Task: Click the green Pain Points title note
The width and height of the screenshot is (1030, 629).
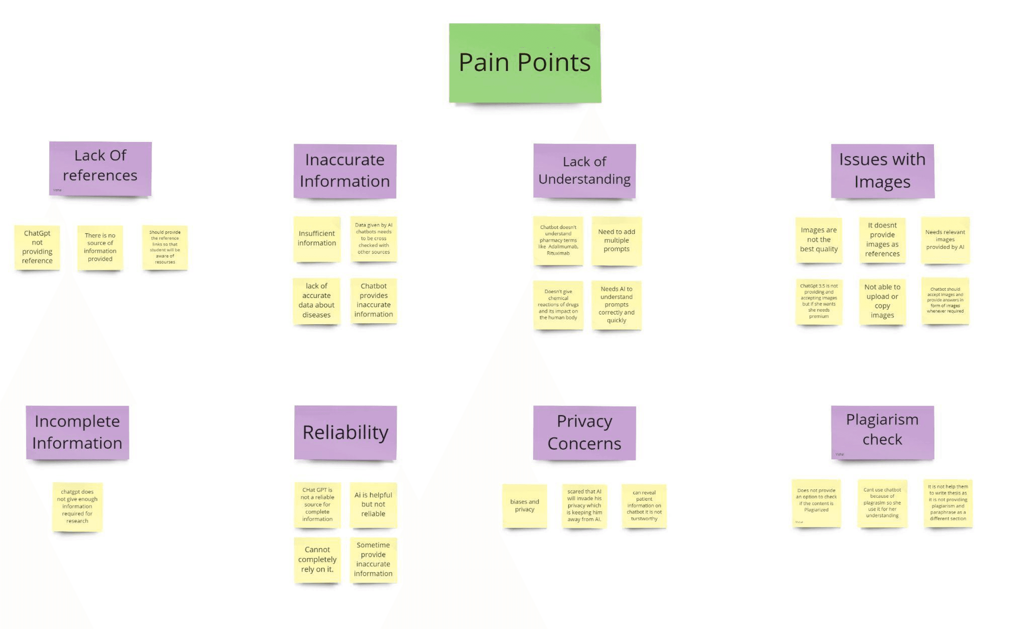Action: point(525,63)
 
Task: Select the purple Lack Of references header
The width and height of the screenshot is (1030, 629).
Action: point(100,169)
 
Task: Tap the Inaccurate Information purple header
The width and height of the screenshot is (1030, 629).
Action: point(345,171)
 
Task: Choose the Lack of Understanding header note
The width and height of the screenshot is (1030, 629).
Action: point(584,171)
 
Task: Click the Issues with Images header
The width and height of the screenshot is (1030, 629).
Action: point(882,171)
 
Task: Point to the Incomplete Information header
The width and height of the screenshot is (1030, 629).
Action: point(77,432)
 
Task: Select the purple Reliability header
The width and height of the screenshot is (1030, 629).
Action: point(345,432)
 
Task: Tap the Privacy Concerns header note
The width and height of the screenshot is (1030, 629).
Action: point(584,432)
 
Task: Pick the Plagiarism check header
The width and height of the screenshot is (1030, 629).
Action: point(882,432)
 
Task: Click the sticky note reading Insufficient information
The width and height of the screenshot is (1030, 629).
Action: point(317,239)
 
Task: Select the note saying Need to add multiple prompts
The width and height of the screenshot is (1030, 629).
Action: point(616,241)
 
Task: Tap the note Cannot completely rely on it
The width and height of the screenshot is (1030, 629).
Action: point(317,560)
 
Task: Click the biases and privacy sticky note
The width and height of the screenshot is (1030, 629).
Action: point(525,506)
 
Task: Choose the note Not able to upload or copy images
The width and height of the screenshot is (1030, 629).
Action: point(882,301)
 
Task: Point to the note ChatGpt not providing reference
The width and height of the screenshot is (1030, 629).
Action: point(37,247)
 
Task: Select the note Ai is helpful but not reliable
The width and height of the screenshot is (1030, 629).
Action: point(373,504)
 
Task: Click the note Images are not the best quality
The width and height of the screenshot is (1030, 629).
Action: point(819,240)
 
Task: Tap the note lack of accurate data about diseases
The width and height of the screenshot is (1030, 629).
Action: point(316,301)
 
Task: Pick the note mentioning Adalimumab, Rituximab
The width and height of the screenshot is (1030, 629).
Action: point(558,241)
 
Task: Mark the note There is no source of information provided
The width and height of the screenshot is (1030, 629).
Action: point(100,247)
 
